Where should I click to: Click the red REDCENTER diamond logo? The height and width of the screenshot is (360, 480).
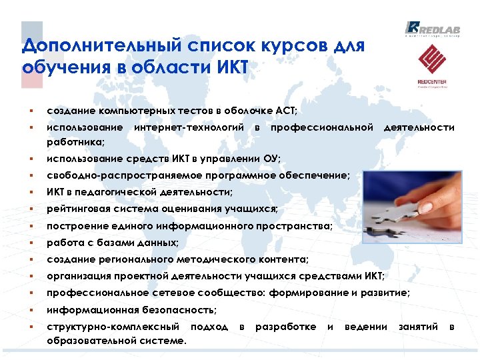pos(432,60)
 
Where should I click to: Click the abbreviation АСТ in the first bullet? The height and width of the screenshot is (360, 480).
pos(283,110)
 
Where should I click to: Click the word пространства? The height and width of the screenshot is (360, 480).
pos(298,226)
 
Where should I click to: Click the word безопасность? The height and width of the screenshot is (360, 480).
pos(179,309)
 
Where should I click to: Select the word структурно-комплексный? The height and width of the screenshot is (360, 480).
pos(113,327)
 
